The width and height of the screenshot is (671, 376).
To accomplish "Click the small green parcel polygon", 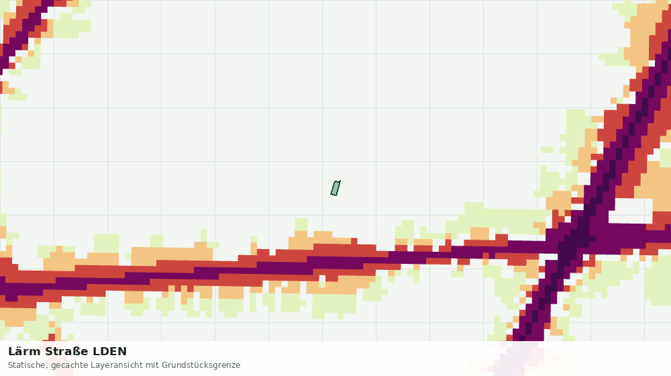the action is pyautogui.click(x=335, y=188).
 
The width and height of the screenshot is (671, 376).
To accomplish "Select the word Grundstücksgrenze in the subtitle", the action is pyautogui.click(x=201, y=365).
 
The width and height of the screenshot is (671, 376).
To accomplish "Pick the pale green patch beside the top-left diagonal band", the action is pyautogui.click(x=72, y=25).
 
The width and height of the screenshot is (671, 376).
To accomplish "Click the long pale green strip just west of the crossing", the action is pyautogui.click(x=501, y=218).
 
